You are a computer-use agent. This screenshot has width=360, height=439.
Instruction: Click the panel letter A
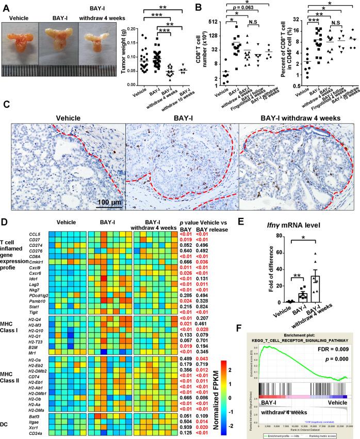click(x=5, y=6)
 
